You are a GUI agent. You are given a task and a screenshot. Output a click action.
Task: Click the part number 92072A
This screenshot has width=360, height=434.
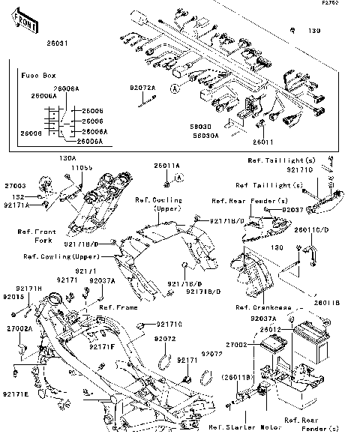142,88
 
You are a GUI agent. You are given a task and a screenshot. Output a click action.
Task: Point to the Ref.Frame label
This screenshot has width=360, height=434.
118,307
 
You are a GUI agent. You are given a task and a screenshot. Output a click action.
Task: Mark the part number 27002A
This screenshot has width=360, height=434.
19,328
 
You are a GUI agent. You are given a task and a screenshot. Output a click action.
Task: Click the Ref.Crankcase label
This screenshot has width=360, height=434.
260,307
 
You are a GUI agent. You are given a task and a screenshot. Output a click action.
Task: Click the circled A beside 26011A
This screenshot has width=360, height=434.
180,177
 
